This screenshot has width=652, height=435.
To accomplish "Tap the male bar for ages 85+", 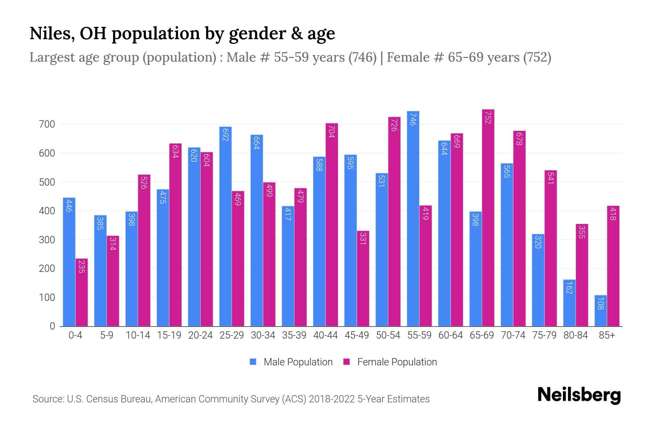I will tap(600, 311).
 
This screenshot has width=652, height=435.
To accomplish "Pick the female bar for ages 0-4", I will tap(81, 293).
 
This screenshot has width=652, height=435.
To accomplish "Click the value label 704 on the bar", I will tap(331, 131).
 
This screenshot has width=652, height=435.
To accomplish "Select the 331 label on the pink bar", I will tap(363, 239).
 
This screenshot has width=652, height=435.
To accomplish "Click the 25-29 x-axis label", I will tap(231, 335).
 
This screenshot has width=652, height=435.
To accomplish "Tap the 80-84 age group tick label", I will tap(576, 335).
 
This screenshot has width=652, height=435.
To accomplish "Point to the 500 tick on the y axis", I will tap(47, 182).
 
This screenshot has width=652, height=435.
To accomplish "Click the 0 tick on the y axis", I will tap(52, 326).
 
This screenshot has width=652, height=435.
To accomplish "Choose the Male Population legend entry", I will tap(298, 362).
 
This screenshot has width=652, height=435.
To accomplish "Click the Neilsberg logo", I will tap(579, 395).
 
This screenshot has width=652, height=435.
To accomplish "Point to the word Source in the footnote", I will tap(47, 399).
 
